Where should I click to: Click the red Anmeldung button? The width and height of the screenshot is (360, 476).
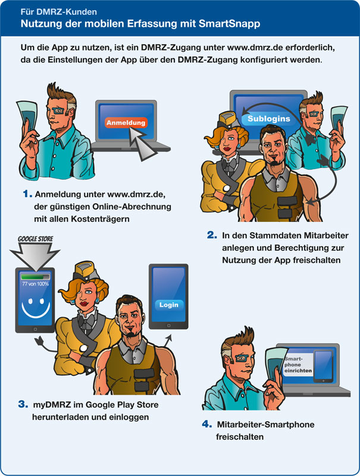(x=126, y=123)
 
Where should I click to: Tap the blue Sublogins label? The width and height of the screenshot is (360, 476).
(x=268, y=118)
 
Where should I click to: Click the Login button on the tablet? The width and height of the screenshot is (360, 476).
(x=169, y=305)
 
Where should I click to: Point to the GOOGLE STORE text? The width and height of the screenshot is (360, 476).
(x=35, y=239)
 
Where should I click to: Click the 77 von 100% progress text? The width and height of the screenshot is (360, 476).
(x=36, y=284)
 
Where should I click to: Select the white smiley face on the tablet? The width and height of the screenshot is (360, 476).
(x=36, y=308)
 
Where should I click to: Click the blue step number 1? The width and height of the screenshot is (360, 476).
(x=27, y=194)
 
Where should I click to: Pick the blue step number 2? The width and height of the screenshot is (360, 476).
(x=212, y=234)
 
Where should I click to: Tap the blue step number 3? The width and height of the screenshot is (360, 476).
(x=23, y=404)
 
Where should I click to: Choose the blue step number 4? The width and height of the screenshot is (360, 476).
(x=207, y=424)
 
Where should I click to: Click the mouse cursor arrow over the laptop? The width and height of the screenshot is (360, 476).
(x=142, y=143)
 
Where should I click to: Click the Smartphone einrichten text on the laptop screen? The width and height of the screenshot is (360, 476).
(x=298, y=365)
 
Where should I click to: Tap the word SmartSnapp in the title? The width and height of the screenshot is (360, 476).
(x=230, y=24)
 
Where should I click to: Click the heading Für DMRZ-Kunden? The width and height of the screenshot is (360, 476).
(x=59, y=12)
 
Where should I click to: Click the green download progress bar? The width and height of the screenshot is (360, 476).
(x=35, y=277)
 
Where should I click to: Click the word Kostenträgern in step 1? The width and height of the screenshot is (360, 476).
(x=100, y=219)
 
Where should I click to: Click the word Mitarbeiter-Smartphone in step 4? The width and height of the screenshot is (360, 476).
(x=265, y=424)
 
